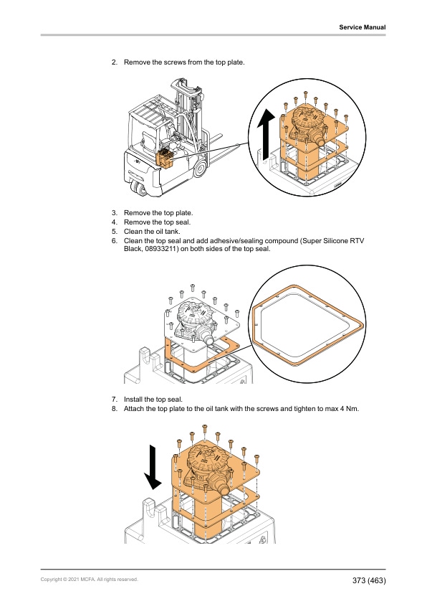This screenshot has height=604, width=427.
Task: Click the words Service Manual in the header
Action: [362, 27]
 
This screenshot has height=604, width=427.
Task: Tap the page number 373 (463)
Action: [368, 580]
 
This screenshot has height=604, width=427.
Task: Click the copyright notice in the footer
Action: [90, 580]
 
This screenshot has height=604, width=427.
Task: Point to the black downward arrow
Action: [153, 467]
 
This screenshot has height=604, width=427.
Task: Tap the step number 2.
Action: [114, 62]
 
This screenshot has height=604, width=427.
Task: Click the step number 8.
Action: [114, 409]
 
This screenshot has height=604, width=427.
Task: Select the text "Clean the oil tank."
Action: [152, 232]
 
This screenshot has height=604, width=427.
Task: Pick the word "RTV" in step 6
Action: [358, 241]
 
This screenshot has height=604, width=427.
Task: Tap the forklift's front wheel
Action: [200, 169]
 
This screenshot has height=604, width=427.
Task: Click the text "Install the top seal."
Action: [153, 400]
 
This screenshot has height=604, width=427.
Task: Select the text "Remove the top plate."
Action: [158, 213]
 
